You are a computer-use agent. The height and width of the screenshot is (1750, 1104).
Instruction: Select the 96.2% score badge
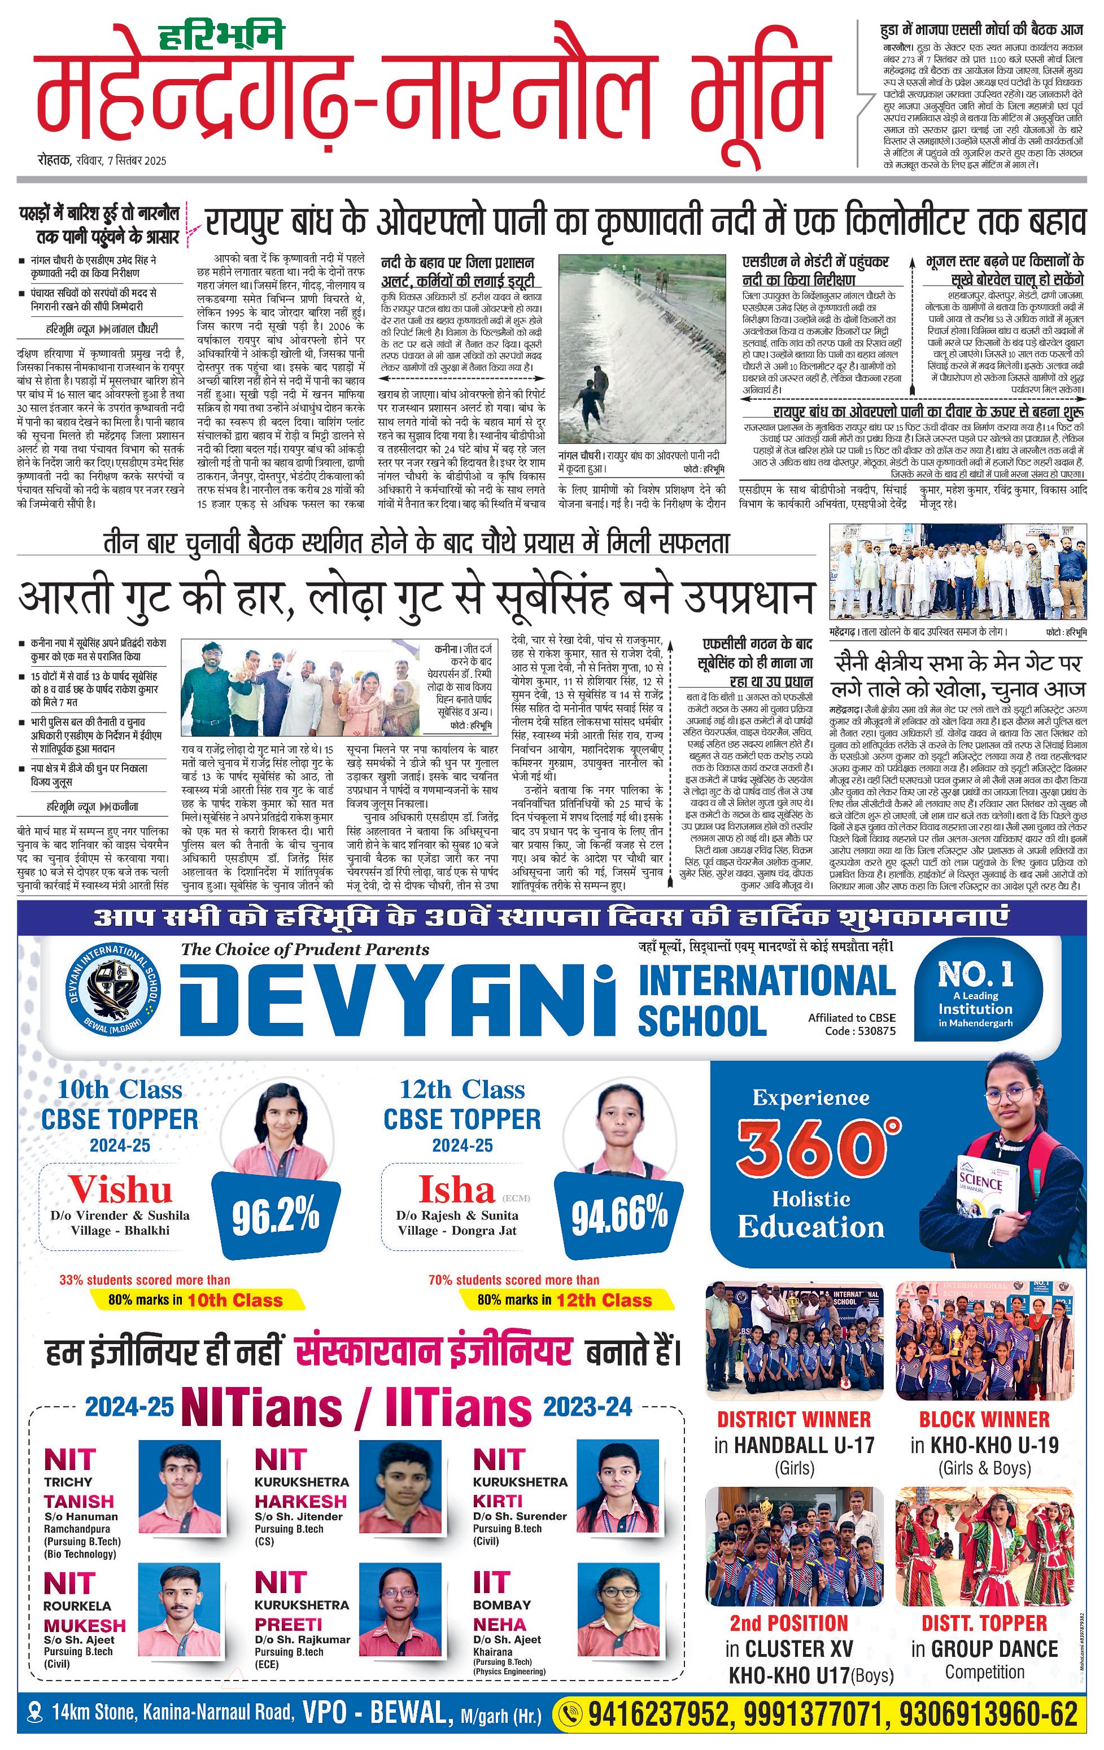pos(276,1215)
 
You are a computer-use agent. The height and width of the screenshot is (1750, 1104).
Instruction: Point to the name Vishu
pos(121,1189)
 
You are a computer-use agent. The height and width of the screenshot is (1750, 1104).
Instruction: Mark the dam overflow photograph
pos(642,348)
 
